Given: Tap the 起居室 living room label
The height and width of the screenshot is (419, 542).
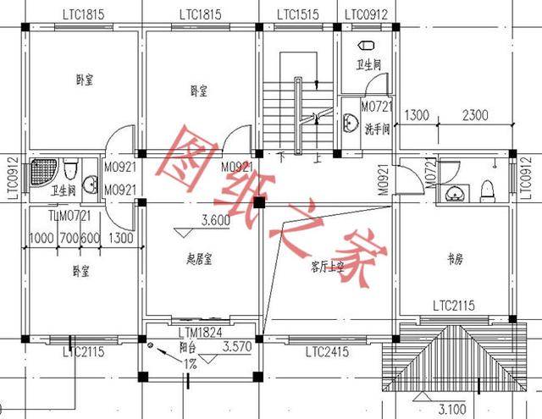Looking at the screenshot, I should pyautogui.click(x=198, y=260).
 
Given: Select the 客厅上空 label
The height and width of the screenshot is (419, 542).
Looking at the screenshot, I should pyautogui.click(x=328, y=266).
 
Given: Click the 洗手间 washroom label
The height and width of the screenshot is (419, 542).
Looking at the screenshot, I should pyautogui.click(x=377, y=130).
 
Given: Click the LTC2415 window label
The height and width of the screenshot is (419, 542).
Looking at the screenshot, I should pyautogui.click(x=327, y=350).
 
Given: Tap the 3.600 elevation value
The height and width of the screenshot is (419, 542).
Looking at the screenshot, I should pyautogui.click(x=214, y=222).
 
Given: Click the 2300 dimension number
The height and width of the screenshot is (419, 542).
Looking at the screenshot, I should pyautogui.click(x=477, y=115).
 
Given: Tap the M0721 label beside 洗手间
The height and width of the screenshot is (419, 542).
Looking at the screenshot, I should pyautogui.click(x=376, y=107).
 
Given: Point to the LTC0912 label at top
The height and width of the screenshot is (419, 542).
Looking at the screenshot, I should pyautogui.click(x=365, y=15).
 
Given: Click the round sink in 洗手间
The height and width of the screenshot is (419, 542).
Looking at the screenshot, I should pyautogui.click(x=351, y=124).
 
